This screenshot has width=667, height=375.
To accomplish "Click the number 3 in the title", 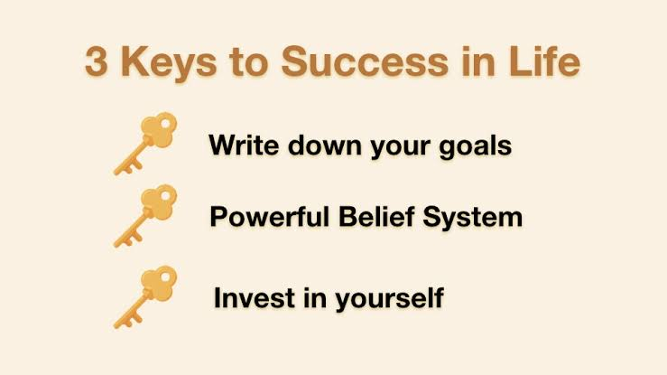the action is (x=96, y=62).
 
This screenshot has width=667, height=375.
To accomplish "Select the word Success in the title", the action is (x=365, y=62).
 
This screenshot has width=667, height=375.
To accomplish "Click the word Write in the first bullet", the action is (x=244, y=145).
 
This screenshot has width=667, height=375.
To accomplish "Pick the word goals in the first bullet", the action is (x=475, y=147).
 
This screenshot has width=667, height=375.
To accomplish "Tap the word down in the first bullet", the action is (x=323, y=145).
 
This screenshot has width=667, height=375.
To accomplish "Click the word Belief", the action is (x=376, y=216).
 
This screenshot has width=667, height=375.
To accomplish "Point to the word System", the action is (x=472, y=218).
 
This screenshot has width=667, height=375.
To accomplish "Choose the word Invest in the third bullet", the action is (x=254, y=297).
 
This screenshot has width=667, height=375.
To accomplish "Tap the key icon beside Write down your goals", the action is (x=145, y=144).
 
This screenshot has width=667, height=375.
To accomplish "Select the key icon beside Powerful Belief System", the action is (x=145, y=216).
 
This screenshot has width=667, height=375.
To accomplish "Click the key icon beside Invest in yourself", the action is (x=145, y=297).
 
